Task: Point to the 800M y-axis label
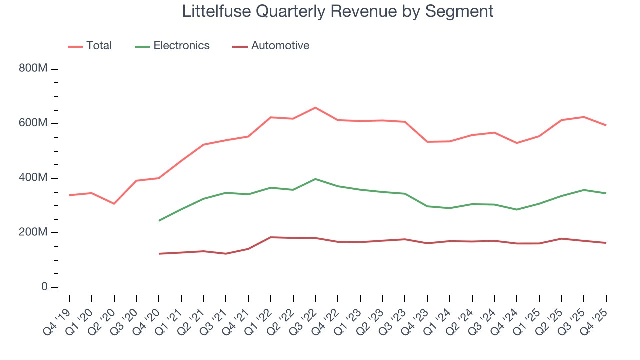pyautogui.click(x=33, y=68)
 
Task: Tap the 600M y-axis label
pyautogui.click(x=33, y=123)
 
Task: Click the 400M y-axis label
pyautogui.click(x=33, y=178)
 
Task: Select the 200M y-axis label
pyautogui.click(x=33, y=232)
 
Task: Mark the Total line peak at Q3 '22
pyautogui.click(x=315, y=108)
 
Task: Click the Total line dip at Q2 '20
pyautogui.click(x=114, y=204)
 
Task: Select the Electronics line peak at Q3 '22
pyautogui.click(x=315, y=179)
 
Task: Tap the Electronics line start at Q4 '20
pyautogui.click(x=159, y=220)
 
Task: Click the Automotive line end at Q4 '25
pyautogui.click(x=606, y=243)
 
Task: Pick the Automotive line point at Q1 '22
pyautogui.click(x=270, y=237)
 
